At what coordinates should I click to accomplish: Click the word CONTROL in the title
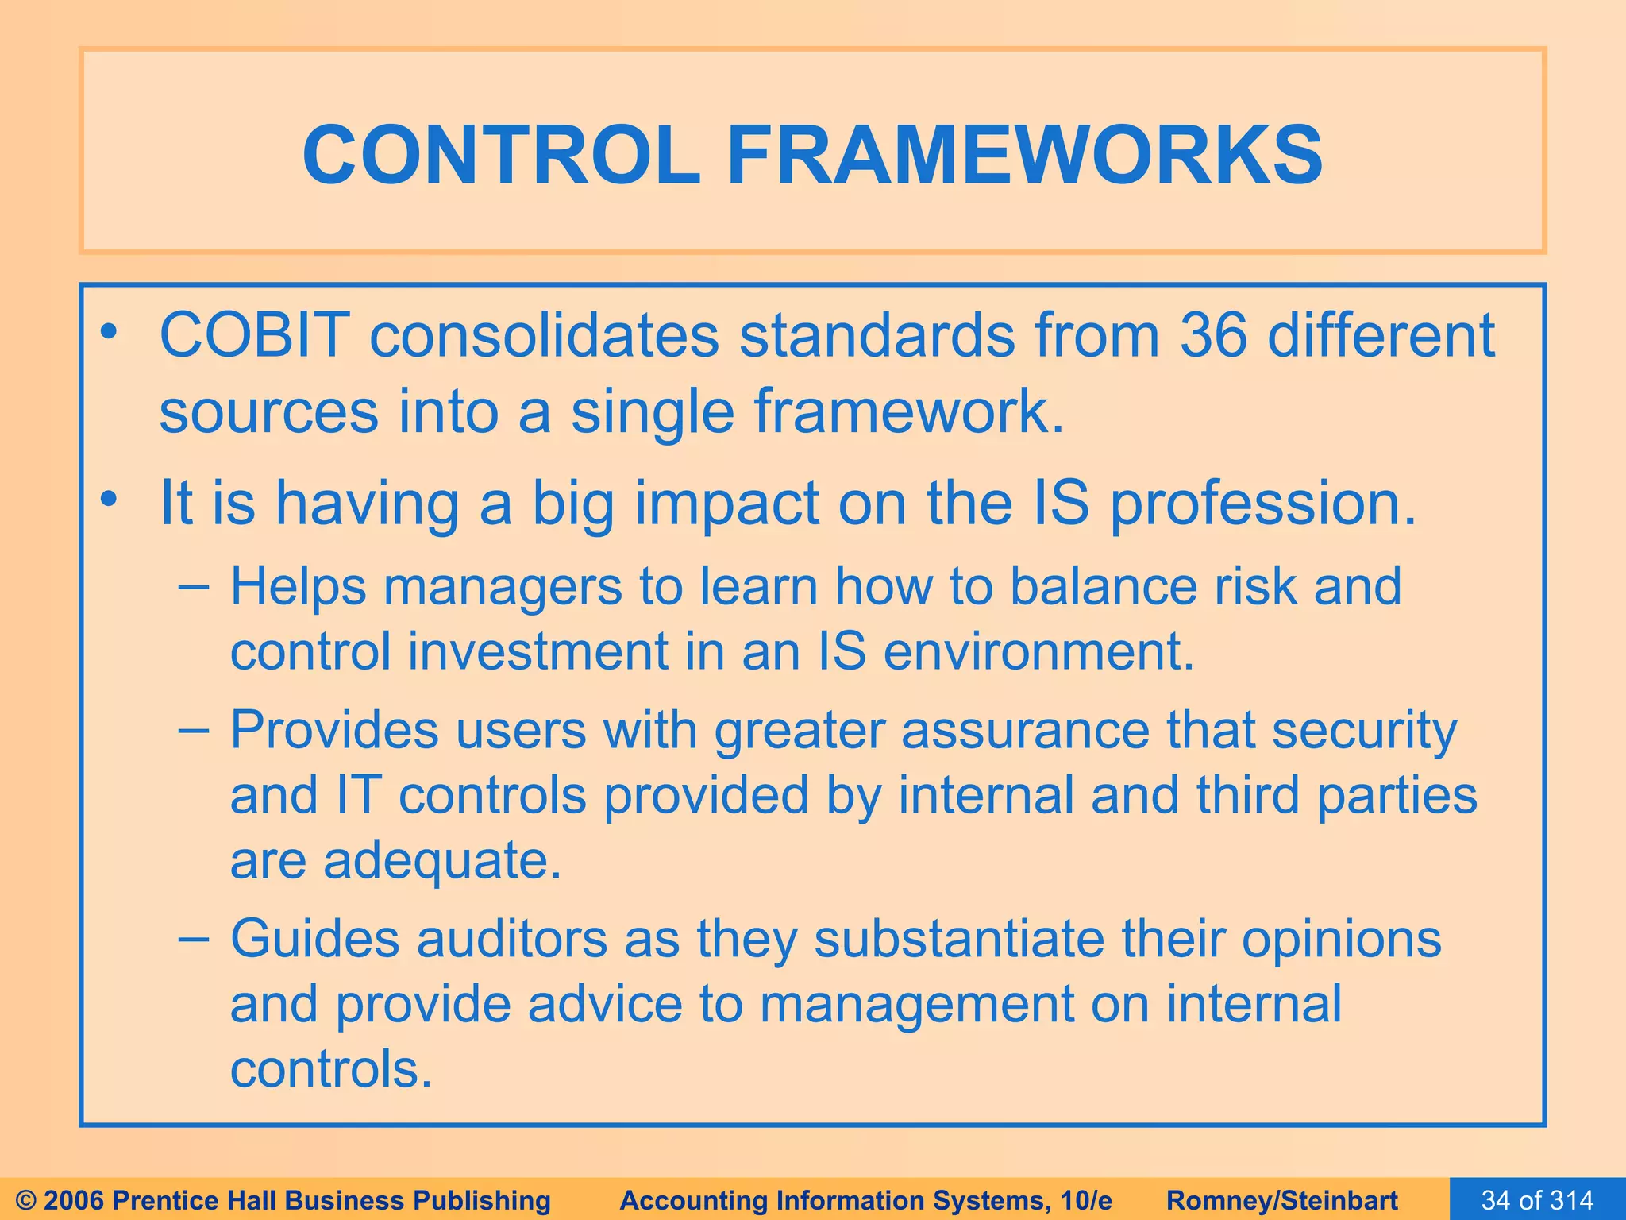point(501,156)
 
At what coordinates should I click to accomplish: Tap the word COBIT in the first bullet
point(255,335)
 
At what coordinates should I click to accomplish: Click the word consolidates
point(544,335)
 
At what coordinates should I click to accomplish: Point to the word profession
point(1262,504)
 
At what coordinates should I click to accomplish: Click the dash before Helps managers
point(195,588)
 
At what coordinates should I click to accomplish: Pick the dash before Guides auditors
point(195,940)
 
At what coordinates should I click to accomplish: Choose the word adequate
point(441,861)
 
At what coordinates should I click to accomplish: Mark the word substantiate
point(959,940)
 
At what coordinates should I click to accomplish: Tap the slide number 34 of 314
point(1537,1200)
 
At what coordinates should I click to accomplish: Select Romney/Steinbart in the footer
point(1282,1200)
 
